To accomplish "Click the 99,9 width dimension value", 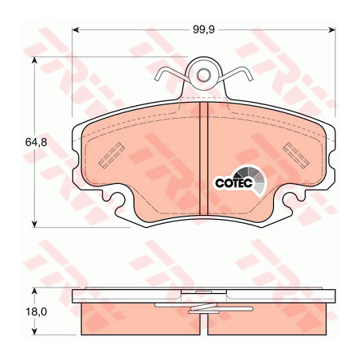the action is pos(203,30).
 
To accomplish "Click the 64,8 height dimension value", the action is pos(36,143).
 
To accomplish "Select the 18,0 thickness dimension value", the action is pos(37,312).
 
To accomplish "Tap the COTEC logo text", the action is pos(233,183).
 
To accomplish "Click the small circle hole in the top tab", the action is pos(204,76).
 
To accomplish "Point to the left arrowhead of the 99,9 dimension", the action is pos(76,30).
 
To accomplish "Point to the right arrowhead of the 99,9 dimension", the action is pos(332,30).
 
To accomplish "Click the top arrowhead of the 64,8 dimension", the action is pos(34,61).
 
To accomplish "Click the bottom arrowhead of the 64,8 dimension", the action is pos(34,224).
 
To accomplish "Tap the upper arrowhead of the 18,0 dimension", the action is pos(34,291).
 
